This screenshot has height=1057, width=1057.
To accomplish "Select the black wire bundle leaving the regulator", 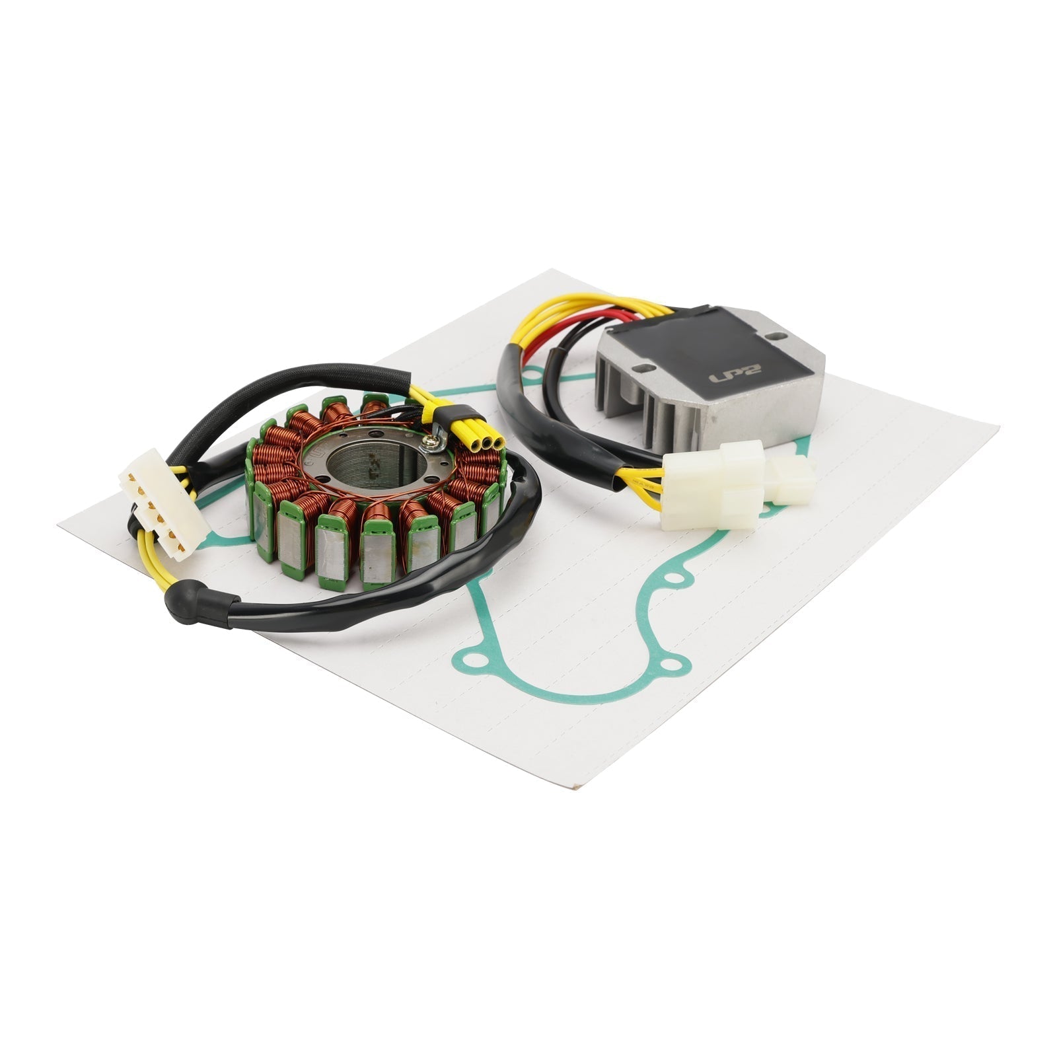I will (x=528, y=396).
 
